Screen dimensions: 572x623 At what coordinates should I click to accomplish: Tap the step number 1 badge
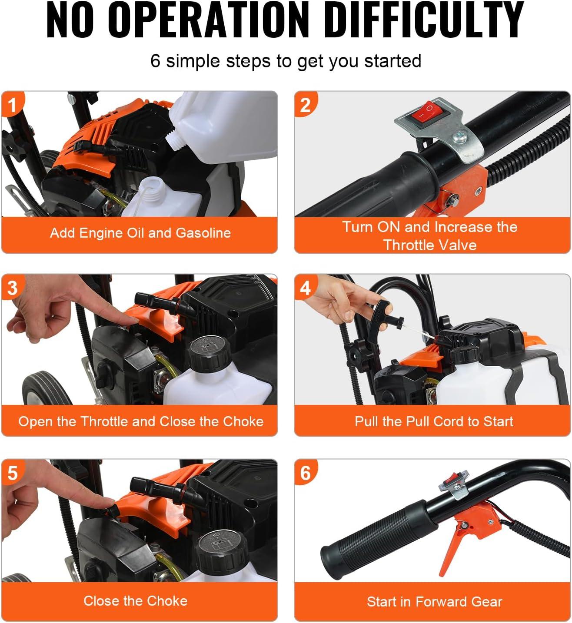pyautogui.click(x=11, y=104)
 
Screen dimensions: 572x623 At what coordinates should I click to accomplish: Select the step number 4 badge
pyautogui.click(x=305, y=287)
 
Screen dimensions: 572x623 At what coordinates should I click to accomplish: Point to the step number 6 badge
pyautogui.click(x=305, y=472)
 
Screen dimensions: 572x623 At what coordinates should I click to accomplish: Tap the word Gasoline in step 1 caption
pyautogui.click(x=203, y=233)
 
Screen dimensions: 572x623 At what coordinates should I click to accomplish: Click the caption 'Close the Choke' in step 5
pyautogui.click(x=136, y=601)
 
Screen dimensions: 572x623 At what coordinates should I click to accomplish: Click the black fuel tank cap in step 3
pyautogui.click(x=210, y=352)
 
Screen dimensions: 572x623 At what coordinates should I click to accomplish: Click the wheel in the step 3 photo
pyautogui.click(x=47, y=388)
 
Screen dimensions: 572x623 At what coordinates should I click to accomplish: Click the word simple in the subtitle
pyautogui.click(x=193, y=61)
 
